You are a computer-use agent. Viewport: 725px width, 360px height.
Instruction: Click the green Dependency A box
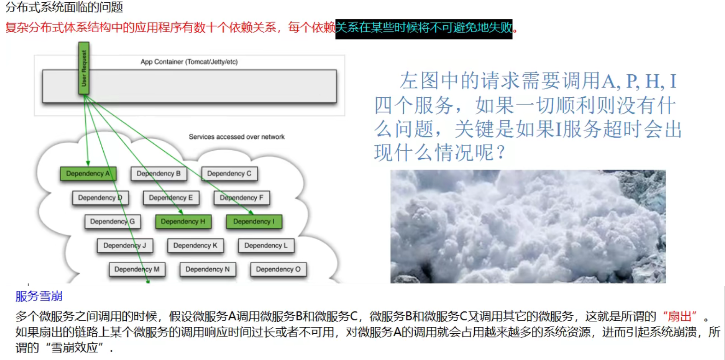point(88,174)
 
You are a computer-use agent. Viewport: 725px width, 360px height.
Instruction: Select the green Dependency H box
point(183,222)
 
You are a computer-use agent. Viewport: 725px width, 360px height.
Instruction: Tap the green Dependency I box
point(253,222)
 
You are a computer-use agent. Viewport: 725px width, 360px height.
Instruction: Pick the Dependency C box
point(229,174)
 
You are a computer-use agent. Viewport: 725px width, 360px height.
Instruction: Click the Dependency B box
point(159,174)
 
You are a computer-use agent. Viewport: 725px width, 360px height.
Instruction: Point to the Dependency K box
point(195,246)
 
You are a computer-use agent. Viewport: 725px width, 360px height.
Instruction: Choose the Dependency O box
point(278,269)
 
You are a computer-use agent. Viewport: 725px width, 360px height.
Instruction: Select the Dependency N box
point(207,269)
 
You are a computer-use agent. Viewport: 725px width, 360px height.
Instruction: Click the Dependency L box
point(266,246)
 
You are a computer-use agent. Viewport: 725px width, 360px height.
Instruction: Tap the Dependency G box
point(112,222)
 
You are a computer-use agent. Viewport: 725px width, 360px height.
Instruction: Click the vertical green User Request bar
point(84,68)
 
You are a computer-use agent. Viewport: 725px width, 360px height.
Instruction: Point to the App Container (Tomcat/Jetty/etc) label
point(189,62)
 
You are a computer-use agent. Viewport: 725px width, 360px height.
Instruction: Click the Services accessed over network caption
point(236,137)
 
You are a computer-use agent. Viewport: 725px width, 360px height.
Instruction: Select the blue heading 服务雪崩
point(39,296)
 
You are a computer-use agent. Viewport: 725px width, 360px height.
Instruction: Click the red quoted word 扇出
point(679,317)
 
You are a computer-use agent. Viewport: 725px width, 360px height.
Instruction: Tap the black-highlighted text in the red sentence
point(424,28)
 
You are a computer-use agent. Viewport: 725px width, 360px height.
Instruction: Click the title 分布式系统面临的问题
point(64,7)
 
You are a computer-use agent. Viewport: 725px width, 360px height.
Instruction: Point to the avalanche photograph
point(528,226)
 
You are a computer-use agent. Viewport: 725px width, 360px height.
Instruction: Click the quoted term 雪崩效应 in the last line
point(74,348)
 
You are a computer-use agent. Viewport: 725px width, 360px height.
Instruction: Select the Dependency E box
point(171,198)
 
